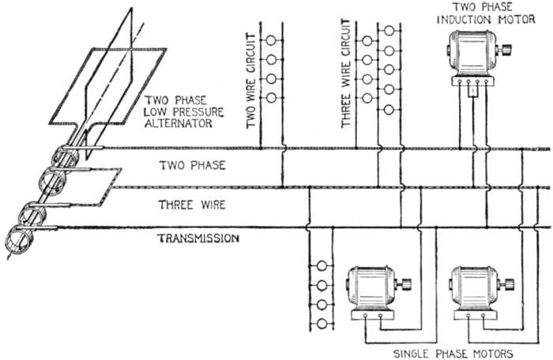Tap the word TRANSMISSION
point(198,238)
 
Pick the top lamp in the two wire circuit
point(271,40)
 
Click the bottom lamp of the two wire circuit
point(271,98)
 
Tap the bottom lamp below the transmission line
point(321,324)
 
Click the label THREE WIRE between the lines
point(193,204)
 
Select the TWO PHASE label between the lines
point(192,166)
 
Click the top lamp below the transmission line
point(321,266)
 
